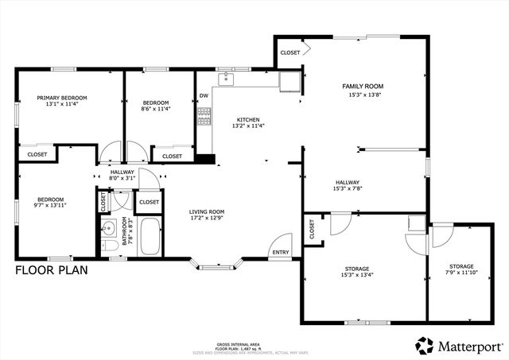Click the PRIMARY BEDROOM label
pyautogui.click(x=61, y=98)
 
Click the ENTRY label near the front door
pyautogui.click(x=281, y=253)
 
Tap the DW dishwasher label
pyautogui.click(x=204, y=96)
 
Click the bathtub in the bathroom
pyautogui.click(x=150, y=236)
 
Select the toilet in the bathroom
pyautogui.click(x=110, y=246)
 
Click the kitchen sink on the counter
pyautogui.click(x=226, y=78)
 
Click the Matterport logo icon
pyautogui.click(x=424, y=346)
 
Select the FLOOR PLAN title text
pyautogui.click(x=52, y=270)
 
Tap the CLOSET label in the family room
pyautogui.click(x=289, y=52)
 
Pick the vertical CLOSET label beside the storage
pyautogui.click(x=312, y=229)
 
